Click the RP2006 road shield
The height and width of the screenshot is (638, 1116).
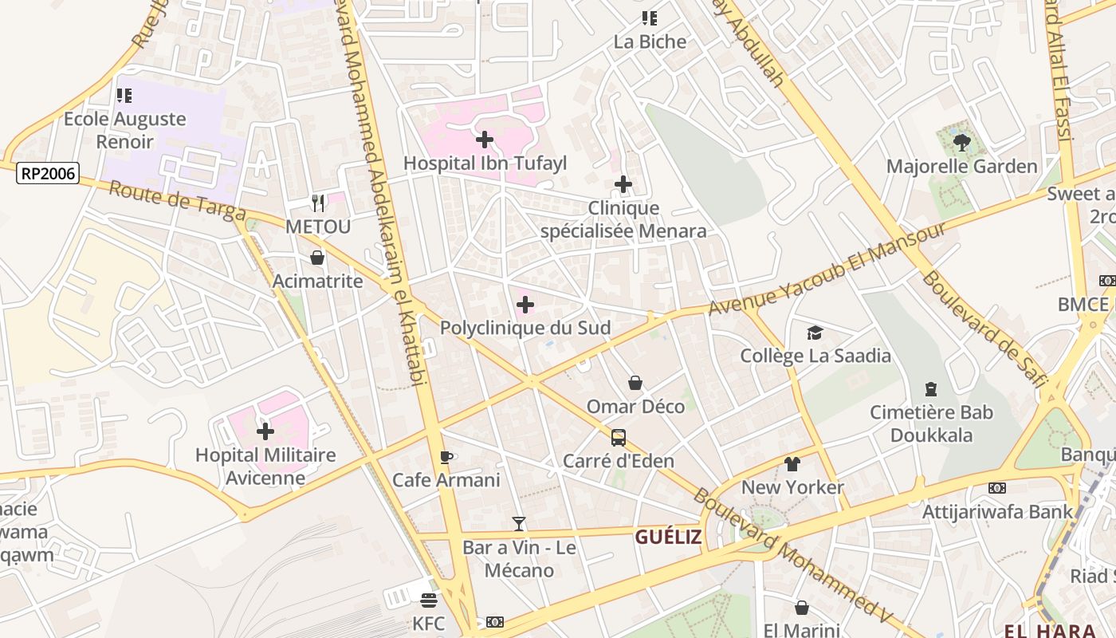click(x=48, y=173)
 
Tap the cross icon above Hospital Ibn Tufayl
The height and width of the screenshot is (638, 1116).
click(x=484, y=140)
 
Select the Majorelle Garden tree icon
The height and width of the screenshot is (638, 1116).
click(x=961, y=143)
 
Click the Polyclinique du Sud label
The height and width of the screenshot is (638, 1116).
click(x=525, y=328)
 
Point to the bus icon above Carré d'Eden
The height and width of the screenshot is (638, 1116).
click(x=619, y=437)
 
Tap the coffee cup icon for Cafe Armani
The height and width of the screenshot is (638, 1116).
click(x=446, y=457)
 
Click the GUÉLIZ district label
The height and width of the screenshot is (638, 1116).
click(x=668, y=537)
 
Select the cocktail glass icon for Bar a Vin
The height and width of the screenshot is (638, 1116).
click(x=519, y=524)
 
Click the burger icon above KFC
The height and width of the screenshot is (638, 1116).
click(x=429, y=600)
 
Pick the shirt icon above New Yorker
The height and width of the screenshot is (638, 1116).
click(x=792, y=463)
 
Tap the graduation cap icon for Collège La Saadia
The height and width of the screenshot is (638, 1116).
click(x=815, y=333)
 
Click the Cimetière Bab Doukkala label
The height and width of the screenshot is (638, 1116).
click(x=931, y=423)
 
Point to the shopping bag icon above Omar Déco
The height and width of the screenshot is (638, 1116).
click(x=635, y=384)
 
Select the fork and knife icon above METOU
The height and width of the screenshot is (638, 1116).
click(x=318, y=203)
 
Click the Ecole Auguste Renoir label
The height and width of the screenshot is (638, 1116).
click(x=124, y=130)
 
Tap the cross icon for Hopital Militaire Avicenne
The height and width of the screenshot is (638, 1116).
click(x=265, y=431)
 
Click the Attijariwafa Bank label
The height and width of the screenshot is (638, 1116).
click(x=997, y=511)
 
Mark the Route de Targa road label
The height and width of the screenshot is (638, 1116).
click(x=177, y=201)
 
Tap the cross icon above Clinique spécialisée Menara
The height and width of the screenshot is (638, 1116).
click(x=623, y=185)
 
